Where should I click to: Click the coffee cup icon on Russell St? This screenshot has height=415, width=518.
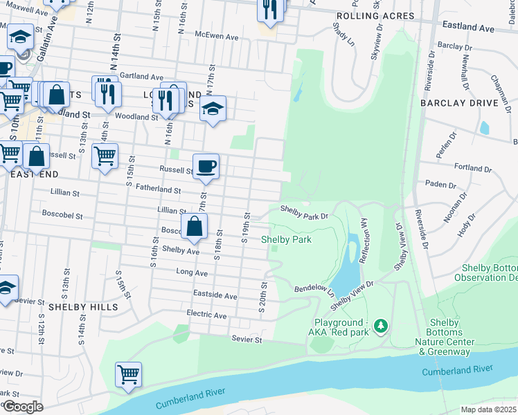[x=206, y=167]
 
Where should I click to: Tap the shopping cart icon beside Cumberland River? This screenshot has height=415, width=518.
[x=129, y=375]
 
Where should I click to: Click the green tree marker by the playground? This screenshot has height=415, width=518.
[x=379, y=324]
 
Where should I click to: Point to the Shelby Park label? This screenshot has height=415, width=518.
[x=286, y=239]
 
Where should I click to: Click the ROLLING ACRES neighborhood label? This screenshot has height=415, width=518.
[x=375, y=15]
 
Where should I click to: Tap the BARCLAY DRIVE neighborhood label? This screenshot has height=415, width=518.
[x=458, y=102]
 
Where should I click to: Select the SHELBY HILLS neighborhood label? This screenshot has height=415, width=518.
[x=82, y=306]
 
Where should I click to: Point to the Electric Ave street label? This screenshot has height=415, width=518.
[x=206, y=315]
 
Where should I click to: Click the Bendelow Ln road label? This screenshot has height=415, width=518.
[x=314, y=287]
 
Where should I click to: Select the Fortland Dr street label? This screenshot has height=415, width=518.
[x=473, y=168]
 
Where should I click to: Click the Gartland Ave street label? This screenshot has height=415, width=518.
[x=141, y=76]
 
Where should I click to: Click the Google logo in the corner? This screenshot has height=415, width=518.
[x=23, y=406]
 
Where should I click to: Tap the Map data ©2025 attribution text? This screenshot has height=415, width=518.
[x=489, y=409]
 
